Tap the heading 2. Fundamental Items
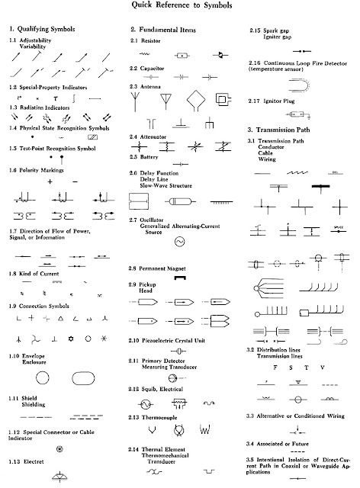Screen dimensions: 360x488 (x=166, y=28)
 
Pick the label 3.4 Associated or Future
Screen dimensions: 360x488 (x=288, y=443)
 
